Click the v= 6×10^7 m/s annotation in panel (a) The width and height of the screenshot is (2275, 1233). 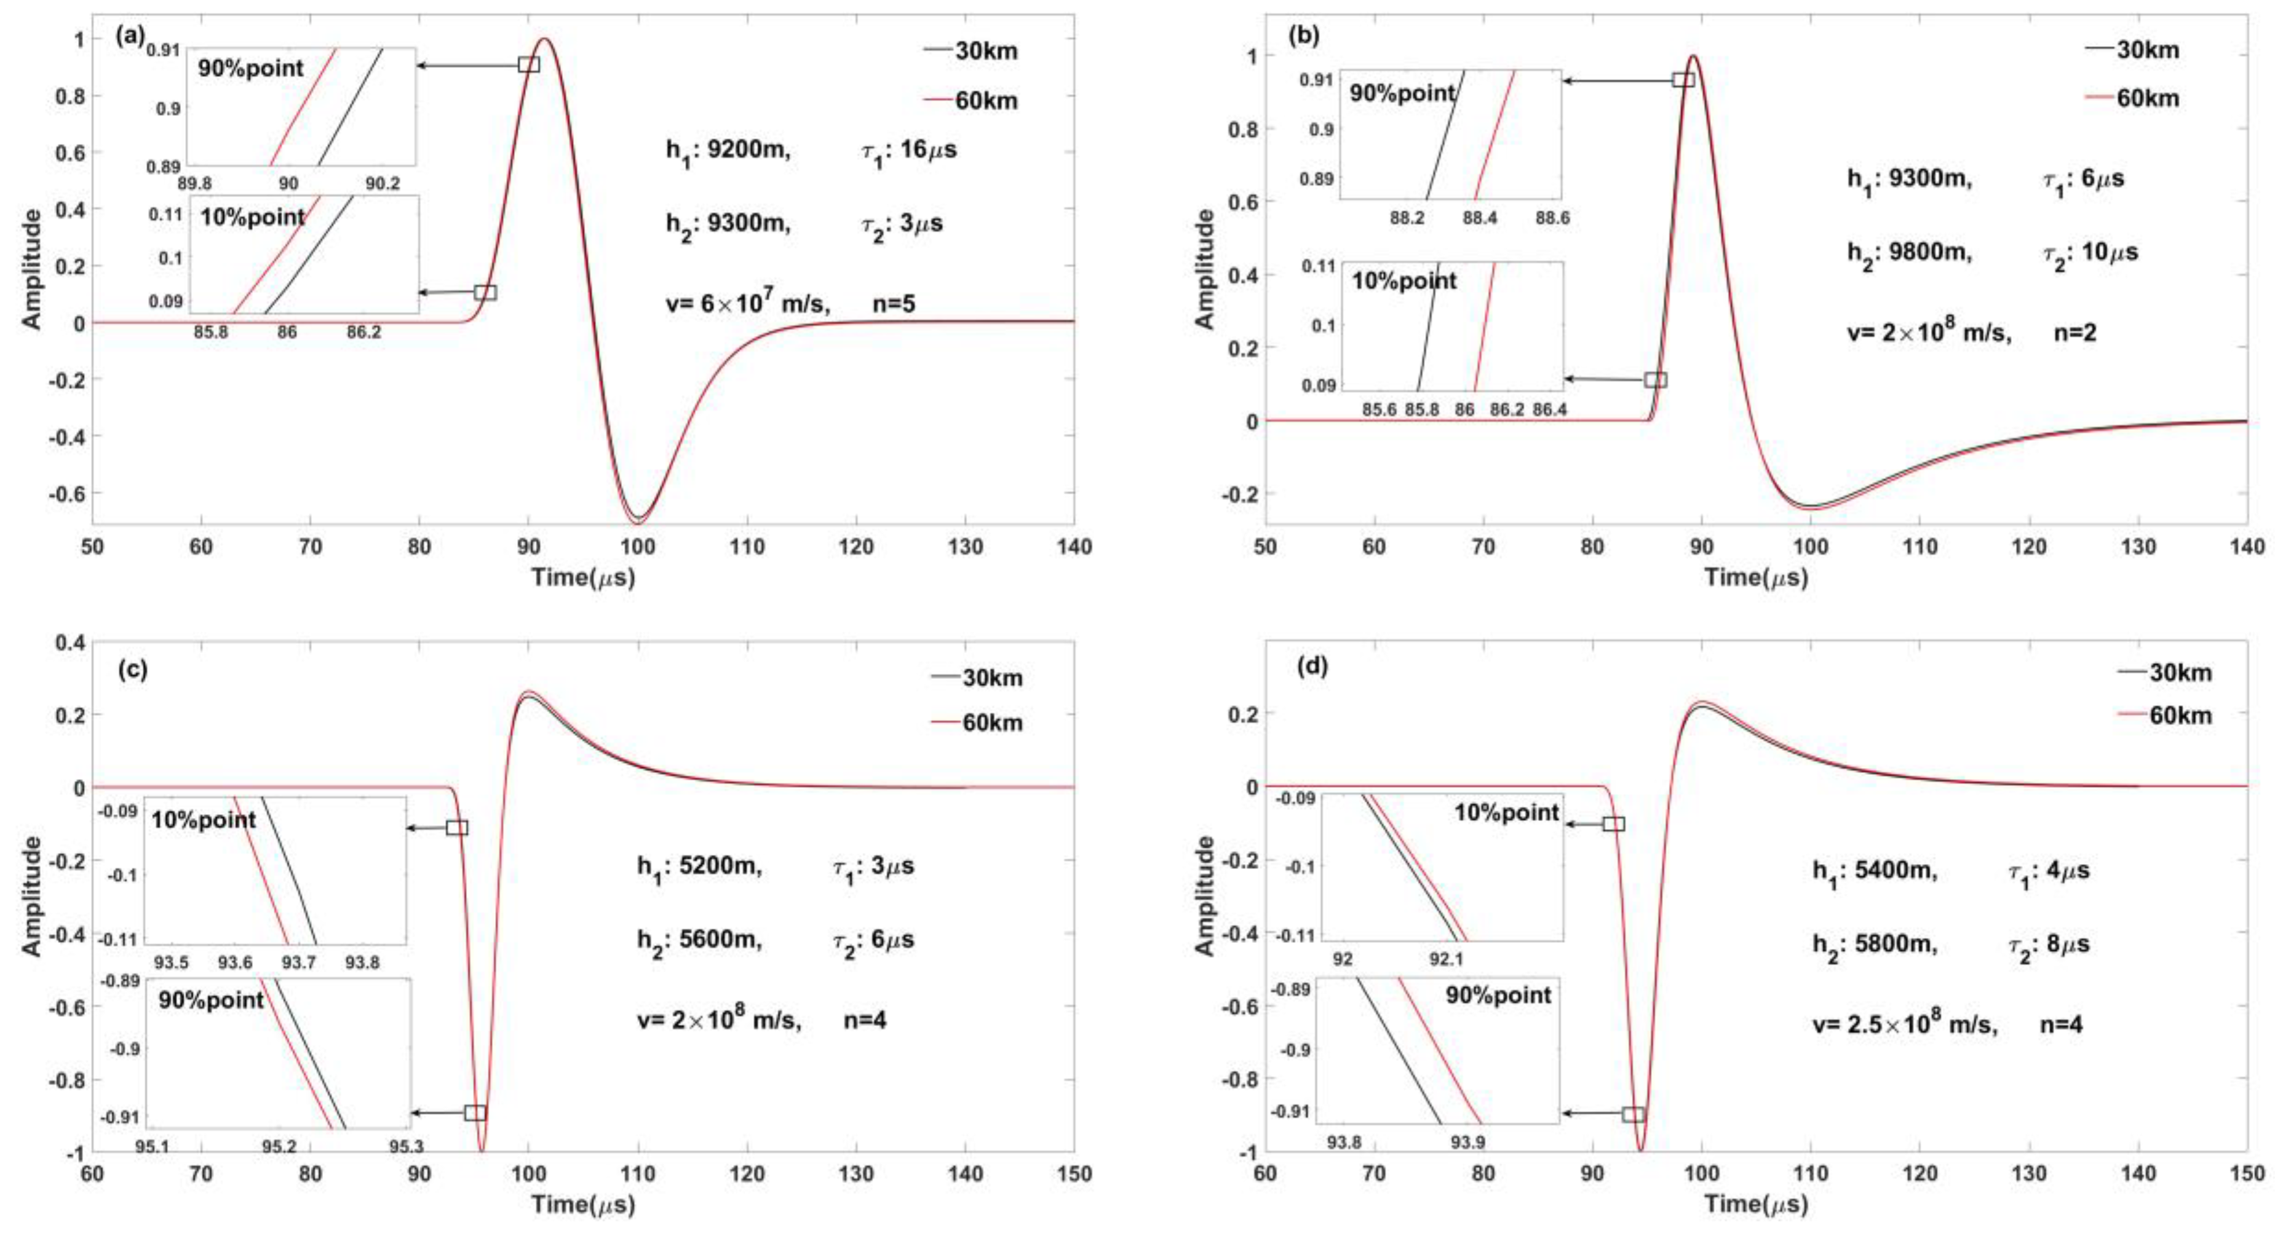point(747,304)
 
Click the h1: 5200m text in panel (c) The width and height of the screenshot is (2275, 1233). point(699,866)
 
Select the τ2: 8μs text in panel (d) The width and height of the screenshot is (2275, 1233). point(2049,944)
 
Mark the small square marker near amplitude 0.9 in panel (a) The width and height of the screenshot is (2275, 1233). point(528,65)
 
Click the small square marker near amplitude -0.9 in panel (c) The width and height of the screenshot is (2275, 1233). point(475,1113)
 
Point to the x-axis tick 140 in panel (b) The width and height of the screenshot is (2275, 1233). point(2246,547)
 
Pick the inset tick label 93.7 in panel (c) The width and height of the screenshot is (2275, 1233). point(298,963)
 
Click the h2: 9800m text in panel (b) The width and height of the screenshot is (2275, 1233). point(1908,253)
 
